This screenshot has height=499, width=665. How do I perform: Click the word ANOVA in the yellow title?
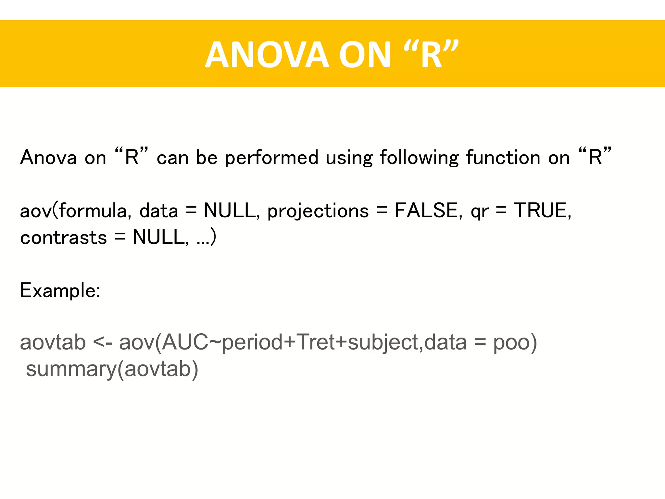[x=267, y=55]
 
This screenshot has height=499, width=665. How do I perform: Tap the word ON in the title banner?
[x=365, y=55]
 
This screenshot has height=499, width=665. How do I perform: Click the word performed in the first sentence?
[x=271, y=158]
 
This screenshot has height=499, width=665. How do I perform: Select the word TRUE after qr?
[x=542, y=210]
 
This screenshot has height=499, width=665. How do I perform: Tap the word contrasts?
[x=63, y=237]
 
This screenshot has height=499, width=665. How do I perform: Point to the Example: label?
[x=60, y=290]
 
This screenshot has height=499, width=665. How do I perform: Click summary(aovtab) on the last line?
[x=112, y=369]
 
